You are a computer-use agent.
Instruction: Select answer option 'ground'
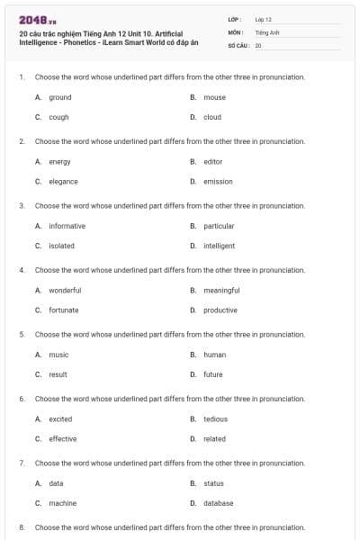(x=59, y=97)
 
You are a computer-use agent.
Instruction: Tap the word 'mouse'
(x=214, y=97)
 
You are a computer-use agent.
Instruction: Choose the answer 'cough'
(x=58, y=117)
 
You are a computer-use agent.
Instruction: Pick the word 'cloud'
(x=212, y=117)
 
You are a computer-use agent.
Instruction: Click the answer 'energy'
(x=59, y=161)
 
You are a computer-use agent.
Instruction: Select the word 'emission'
(x=218, y=181)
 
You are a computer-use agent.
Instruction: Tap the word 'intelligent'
(x=219, y=246)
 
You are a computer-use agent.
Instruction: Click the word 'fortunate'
(x=63, y=310)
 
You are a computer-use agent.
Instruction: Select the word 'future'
(x=212, y=374)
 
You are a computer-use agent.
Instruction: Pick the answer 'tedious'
(x=215, y=418)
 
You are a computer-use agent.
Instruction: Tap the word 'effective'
(x=62, y=438)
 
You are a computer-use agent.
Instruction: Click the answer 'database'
(x=218, y=503)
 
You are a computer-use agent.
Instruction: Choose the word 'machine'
(x=62, y=503)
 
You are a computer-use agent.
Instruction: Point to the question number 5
(x=21, y=334)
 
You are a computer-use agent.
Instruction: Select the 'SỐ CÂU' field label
(x=238, y=44)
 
